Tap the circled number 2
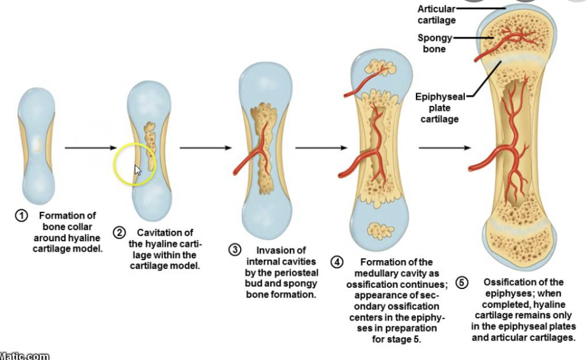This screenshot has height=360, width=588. coord(119,233)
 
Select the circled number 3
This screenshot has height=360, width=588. coord(235,250)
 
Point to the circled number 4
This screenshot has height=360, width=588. coord(337,262)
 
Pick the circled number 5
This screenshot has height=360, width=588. coord(461,282)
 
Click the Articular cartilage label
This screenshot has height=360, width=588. coord(436,14)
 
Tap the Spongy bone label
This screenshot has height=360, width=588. coord(434,43)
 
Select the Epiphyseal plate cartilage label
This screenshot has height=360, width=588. coord(439,108)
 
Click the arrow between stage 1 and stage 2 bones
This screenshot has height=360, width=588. coord(91,148)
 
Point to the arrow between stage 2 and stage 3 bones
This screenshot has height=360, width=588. coord(206,148)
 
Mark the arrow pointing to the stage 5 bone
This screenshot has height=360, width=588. coord(445,148)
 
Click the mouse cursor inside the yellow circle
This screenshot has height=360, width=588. coord(138,170)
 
